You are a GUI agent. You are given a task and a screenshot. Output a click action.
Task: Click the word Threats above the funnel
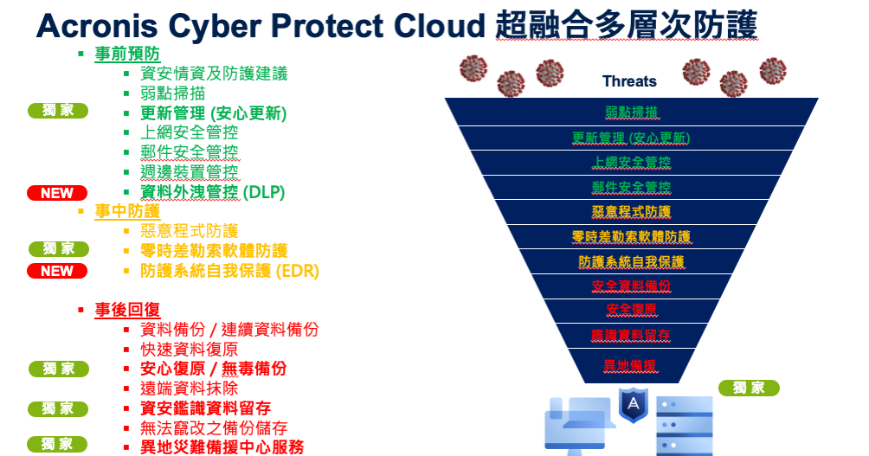pyautogui.click(x=629, y=81)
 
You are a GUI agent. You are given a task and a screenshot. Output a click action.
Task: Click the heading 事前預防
pyautogui.click(x=127, y=54)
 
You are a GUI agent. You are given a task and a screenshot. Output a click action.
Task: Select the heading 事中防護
pyautogui.click(x=127, y=211)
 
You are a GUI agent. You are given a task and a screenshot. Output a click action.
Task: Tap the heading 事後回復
pyautogui.click(x=127, y=310)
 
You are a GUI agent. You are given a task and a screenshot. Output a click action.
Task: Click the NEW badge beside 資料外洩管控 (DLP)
pyautogui.click(x=57, y=193)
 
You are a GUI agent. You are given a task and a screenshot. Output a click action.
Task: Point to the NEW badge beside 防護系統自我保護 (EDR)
pyautogui.click(x=57, y=271)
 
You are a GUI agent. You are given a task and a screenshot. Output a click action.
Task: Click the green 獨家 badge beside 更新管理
pyautogui.click(x=58, y=111)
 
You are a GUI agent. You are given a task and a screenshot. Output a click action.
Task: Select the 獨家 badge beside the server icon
pyautogui.click(x=749, y=388)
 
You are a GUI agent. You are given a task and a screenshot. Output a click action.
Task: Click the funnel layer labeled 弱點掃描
pyautogui.click(x=631, y=112)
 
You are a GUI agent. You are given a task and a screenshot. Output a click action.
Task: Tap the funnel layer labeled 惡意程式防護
pyautogui.click(x=631, y=212)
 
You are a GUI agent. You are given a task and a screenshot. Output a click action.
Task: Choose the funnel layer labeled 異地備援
pyautogui.click(x=631, y=366)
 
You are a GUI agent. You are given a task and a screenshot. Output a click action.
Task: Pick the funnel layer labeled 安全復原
pyautogui.click(x=631, y=311)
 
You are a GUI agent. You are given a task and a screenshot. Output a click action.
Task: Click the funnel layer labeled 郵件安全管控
pyautogui.click(x=631, y=187)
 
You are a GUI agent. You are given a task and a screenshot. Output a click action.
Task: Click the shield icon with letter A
pyautogui.click(x=633, y=404)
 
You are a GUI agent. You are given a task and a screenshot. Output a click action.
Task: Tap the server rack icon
pyautogui.click(x=685, y=426)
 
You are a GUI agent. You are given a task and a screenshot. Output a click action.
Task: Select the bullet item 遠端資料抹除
pyautogui.click(x=189, y=389)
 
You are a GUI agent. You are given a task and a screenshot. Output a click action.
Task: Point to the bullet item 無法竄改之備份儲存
pyautogui.click(x=214, y=427)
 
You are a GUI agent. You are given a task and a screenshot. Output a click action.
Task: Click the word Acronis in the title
pyautogui.click(x=97, y=25)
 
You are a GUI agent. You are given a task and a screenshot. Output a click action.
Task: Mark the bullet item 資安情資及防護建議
pyautogui.click(x=214, y=74)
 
